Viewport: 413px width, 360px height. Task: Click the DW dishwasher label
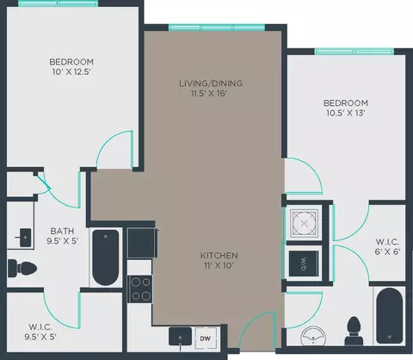point(205,338)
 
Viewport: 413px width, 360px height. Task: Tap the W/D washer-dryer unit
point(304,264)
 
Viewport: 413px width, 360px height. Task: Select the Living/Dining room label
point(211,84)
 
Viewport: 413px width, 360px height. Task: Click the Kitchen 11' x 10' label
point(219,260)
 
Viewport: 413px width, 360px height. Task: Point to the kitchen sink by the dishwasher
point(180,337)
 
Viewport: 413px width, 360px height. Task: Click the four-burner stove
point(140,289)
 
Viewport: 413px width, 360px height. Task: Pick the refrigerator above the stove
point(142,243)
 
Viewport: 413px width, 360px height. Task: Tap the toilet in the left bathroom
point(22,269)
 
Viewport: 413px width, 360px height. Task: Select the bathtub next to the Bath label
point(106,258)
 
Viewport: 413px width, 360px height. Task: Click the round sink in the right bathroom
point(313,335)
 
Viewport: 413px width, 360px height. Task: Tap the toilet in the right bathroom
point(354,331)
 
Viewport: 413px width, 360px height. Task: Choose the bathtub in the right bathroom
point(389,316)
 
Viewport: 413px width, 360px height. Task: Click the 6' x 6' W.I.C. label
point(387,246)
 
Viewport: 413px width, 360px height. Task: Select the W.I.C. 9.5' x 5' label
point(40,332)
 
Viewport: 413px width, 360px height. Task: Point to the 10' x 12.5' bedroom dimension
point(71,71)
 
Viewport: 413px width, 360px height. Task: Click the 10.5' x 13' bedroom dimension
point(346,113)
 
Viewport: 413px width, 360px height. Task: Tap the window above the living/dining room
point(217,28)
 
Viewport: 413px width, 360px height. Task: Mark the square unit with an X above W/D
point(304,223)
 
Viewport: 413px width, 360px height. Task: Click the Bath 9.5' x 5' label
point(63,236)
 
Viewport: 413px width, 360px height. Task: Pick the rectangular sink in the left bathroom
point(25,238)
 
